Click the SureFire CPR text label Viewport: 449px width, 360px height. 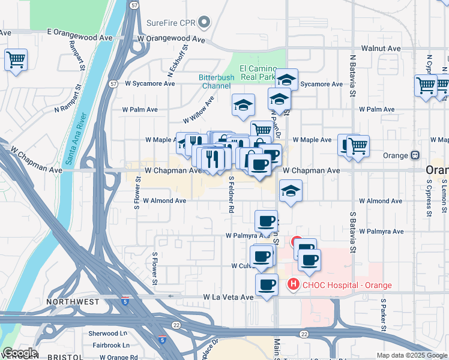pos(171,24)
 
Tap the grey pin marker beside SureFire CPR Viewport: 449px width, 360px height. pos(204,24)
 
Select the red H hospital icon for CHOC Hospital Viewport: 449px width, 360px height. pos(294,284)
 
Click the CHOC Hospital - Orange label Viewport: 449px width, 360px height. pos(346,285)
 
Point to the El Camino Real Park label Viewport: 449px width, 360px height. pos(257,73)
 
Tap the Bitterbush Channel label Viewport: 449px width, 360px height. pos(215,82)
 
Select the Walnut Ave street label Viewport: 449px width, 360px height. pos(381,49)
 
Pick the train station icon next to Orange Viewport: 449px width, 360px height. pos(415,155)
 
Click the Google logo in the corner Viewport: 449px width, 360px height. pos(19,353)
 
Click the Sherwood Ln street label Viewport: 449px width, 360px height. pos(108,333)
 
